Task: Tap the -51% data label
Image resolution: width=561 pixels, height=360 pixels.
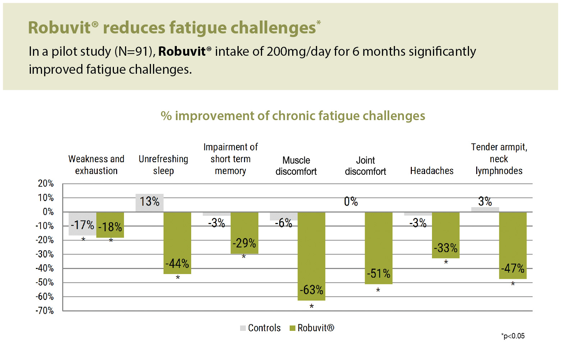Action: (378, 274)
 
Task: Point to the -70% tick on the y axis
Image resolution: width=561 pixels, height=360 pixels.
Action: (45, 311)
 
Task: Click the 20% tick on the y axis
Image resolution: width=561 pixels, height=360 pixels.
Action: (46, 183)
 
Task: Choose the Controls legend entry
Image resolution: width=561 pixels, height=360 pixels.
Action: (261, 328)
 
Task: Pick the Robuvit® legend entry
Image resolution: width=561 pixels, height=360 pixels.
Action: (312, 328)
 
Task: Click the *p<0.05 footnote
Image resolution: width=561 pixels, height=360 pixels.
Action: (513, 336)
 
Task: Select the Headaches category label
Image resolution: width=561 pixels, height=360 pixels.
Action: (432, 171)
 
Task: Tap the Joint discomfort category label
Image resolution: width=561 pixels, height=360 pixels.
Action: (365, 166)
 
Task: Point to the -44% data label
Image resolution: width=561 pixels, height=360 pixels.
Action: (177, 264)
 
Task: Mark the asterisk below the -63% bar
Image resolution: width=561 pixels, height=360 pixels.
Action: (312, 306)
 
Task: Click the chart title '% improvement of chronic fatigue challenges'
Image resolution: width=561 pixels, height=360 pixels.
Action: (293, 116)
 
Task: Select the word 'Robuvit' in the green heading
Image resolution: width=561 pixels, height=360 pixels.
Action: (59, 28)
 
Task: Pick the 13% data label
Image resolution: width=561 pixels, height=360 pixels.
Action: (150, 201)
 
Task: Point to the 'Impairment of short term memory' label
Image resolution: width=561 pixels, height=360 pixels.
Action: (230, 159)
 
